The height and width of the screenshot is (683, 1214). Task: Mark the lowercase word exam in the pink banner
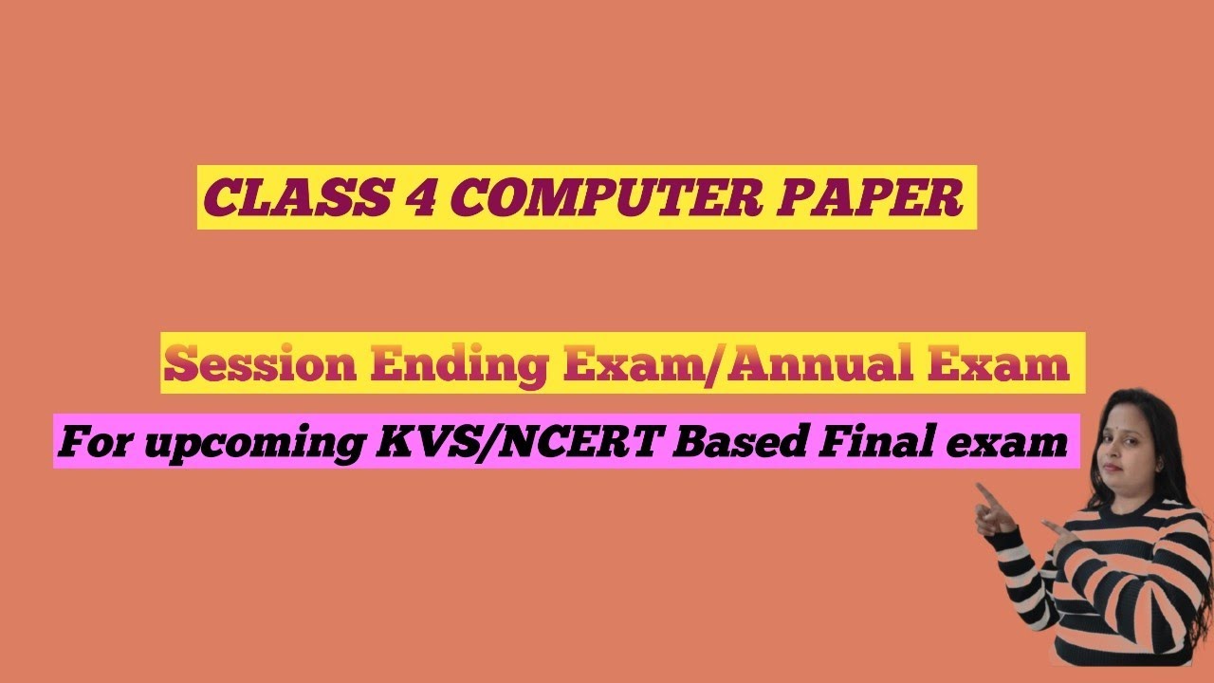tap(1021, 442)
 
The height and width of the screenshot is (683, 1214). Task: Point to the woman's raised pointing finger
tap(984, 490)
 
